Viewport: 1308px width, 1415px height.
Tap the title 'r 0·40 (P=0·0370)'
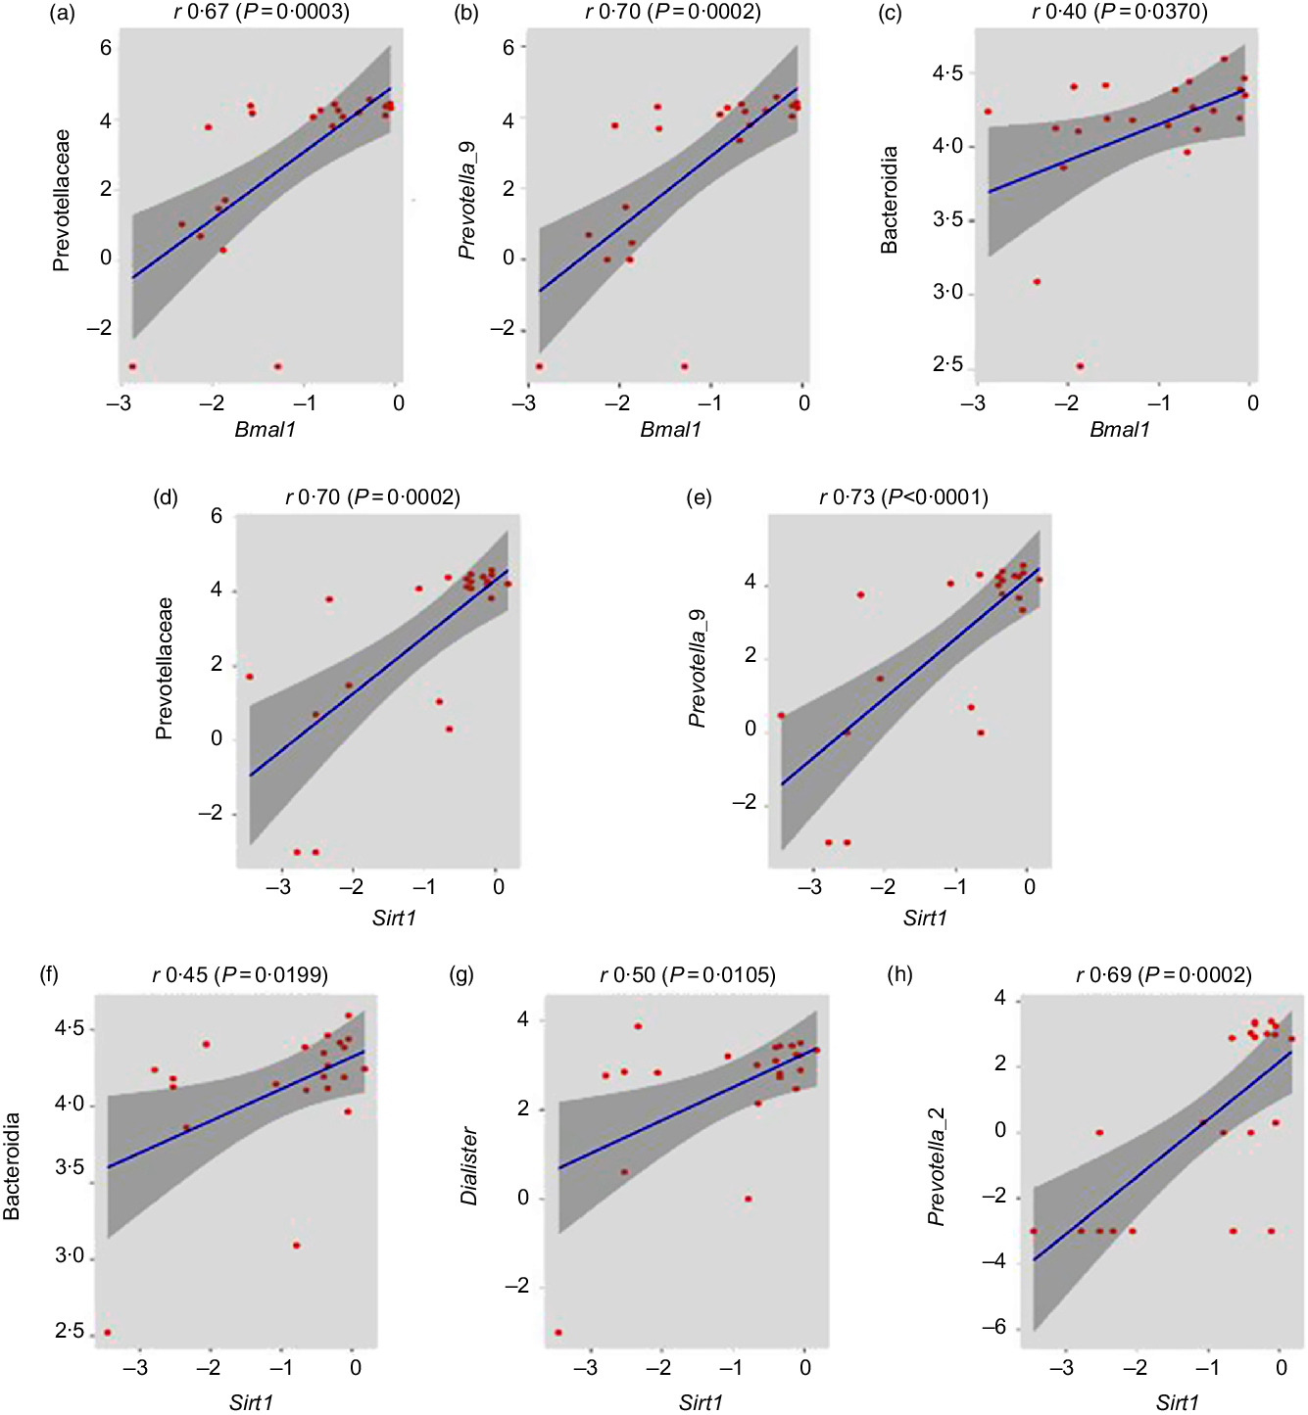click(x=1119, y=12)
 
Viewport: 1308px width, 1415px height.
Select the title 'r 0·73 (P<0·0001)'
click(x=903, y=497)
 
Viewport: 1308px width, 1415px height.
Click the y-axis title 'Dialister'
click(x=469, y=1165)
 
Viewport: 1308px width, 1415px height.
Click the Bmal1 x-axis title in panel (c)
click(x=1119, y=429)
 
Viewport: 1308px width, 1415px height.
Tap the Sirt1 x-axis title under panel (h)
click(x=1177, y=1402)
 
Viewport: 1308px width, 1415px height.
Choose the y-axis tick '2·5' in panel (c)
click(x=947, y=365)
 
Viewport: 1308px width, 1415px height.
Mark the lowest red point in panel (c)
click(x=1080, y=366)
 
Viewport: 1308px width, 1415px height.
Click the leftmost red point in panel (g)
click(x=558, y=1332)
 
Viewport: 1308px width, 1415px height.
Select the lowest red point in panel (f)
click(x=108, y=1332)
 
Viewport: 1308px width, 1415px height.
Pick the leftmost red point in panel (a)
click(x=132, y=366)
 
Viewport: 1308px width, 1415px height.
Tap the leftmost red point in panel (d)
click(x=250, y=677)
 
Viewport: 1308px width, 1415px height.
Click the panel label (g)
click(x=461, y=974)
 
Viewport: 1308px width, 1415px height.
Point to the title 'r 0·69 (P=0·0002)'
click(x=1163, y=975)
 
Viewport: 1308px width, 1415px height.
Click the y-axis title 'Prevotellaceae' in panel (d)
click(x=165, y=668)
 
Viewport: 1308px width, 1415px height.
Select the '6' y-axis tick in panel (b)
click(x=509, y=47)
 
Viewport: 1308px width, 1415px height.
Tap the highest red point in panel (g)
click(x=638, y=1026)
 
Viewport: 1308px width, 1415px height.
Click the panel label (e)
click(x=699, y=497)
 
